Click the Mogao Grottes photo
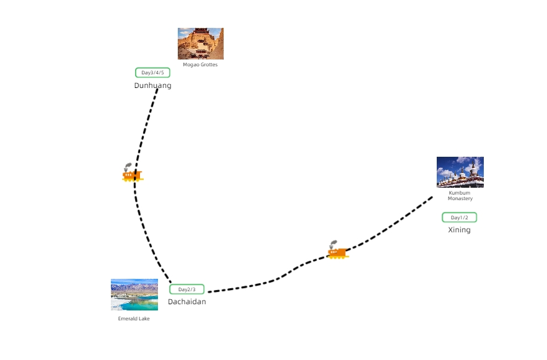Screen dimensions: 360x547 (200, 43)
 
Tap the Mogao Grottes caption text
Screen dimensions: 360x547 (200, 64)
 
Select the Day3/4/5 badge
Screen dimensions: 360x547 (152, 72)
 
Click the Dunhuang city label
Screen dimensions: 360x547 (152, 86)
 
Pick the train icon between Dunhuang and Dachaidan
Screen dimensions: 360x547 (132, 175)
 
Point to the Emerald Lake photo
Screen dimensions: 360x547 (134, 294)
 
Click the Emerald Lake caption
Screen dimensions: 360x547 (134, 318)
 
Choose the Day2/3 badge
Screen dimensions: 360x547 (186, 289)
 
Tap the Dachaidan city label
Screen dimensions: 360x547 (186, 302)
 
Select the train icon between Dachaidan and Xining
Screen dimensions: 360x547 (337, 252)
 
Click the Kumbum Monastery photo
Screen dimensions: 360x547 (460, 172)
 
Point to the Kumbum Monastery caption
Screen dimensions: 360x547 (460, 196)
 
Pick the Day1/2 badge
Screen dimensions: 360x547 (459, 217)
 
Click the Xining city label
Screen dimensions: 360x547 (459, 230)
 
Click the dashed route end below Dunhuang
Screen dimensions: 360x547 (157, 89)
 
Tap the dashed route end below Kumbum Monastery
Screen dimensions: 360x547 (432, 197)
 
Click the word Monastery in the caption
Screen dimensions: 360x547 (460, 199)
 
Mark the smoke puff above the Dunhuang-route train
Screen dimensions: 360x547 (128, 166)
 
